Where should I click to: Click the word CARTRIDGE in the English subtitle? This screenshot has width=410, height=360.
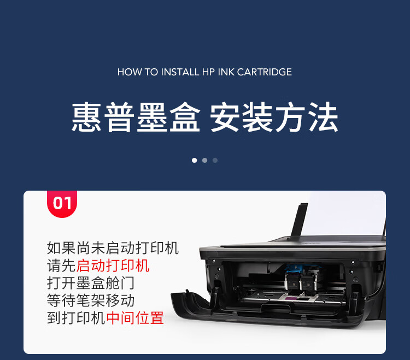tap(265, 72)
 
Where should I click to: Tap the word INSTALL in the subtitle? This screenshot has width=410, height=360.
tap(180, 72)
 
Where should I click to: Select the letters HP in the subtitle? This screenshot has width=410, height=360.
tap(208, 72)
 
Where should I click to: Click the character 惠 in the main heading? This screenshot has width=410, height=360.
tap(86, 116)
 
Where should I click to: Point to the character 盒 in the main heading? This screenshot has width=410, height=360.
tap(185, 116)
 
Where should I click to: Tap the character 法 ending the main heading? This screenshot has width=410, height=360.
tap(323, 116)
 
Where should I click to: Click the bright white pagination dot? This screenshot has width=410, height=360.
tap(194, 160)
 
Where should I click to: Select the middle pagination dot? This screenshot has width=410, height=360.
tap(205, 160)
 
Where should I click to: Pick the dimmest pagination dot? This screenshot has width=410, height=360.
tap(215, 160)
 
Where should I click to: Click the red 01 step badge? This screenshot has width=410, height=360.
tap(62, 204)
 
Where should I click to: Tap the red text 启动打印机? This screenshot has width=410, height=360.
tap(113, 265)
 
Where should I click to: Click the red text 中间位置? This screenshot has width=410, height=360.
tap(135, 318)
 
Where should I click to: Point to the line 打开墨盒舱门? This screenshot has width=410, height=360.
tap(91, 283)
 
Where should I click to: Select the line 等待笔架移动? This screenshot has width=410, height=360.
tap(91, 300)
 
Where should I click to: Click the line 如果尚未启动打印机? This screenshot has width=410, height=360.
tap(113, 248)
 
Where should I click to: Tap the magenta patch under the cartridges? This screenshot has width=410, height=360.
tap(290, 299)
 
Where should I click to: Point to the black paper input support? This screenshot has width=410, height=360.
tap(300, 220)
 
